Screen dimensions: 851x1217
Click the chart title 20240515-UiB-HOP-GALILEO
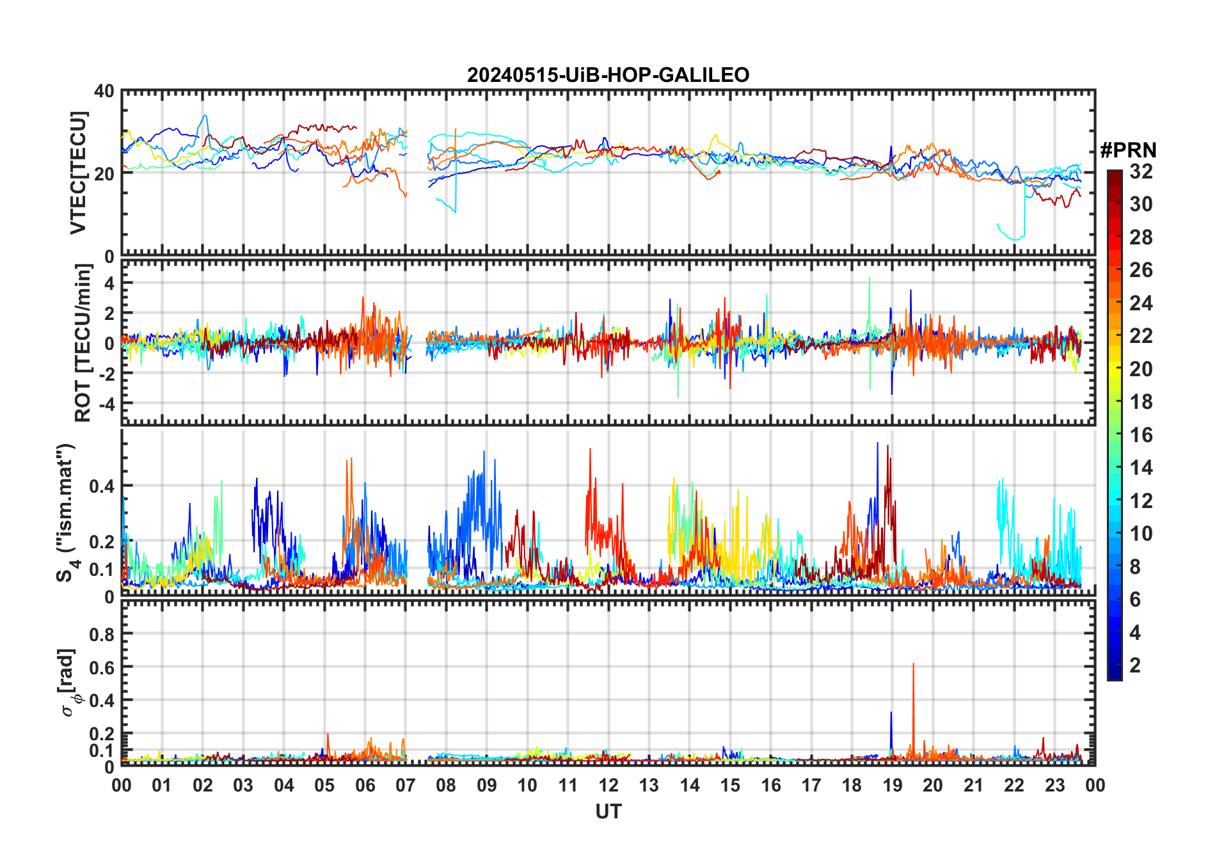pos(608,76)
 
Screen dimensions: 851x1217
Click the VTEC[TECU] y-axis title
pos(78,173)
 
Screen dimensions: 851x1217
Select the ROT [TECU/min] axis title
pos(83,343)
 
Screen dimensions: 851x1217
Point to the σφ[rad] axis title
pos(69,682)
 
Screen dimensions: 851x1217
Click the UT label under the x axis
pos(608,812)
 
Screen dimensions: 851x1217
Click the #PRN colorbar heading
pos(1128,150)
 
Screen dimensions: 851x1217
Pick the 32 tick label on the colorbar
pos(1141,171)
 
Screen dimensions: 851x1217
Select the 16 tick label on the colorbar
pos(1141,435)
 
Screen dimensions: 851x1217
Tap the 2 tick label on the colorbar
pos(1135,665)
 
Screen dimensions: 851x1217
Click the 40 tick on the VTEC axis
pos(104,91)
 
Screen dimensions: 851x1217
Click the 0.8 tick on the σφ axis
pos(101,634)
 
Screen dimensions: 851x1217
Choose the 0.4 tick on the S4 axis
pos(101,486)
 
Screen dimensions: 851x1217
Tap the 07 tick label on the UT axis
pos(406,785)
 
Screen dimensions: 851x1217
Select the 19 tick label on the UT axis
pos(892,785)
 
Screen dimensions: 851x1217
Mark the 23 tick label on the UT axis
pos(1054,785)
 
